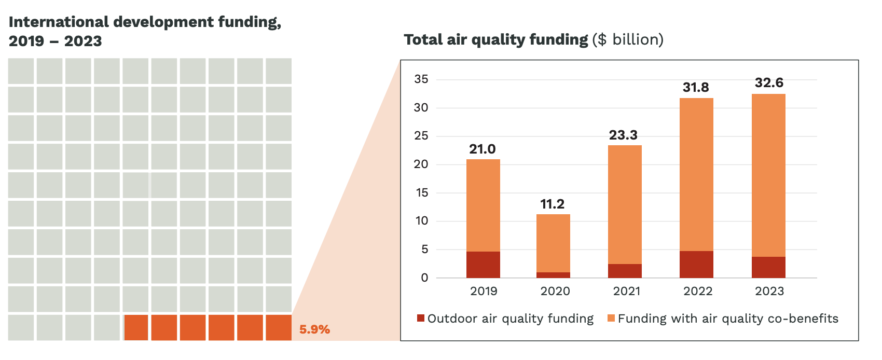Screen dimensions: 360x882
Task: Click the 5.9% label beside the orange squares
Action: click(x=314, y=329)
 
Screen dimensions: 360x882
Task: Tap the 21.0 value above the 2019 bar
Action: click(x=483, y=149)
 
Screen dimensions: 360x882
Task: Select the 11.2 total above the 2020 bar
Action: click(x=553, y=204)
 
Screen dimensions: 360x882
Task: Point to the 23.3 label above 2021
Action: click(x=623, y=135)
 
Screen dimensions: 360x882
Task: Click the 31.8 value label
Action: click(x=696, y=88)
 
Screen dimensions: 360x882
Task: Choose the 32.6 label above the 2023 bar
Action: click(x=769, y=83)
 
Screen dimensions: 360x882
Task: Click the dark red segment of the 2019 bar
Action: click(x=483, y=265)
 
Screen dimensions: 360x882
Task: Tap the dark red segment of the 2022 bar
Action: click(x=696, y=265)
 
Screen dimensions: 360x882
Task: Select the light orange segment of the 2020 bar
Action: click(x=553, y=243)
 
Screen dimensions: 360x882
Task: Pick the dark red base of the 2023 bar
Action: click(x=768, y=267)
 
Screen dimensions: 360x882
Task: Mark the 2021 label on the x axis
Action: click(x=627, y=292)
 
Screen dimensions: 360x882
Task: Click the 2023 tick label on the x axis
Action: click(x=769, y=292)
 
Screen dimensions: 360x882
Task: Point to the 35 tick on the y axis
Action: click(x=421, y=79)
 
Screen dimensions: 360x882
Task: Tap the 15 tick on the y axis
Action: click(x=421, y=193)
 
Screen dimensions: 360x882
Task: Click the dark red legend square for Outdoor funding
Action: click(x=421, y=318)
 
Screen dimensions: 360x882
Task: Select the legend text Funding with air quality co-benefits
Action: click(x=728, y=319)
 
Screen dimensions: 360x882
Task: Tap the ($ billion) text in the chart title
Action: click(x=628, y=40)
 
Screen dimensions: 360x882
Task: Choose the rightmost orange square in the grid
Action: click(x=279, y=328)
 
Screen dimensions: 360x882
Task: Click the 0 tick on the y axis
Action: click(x=425, y=278)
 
